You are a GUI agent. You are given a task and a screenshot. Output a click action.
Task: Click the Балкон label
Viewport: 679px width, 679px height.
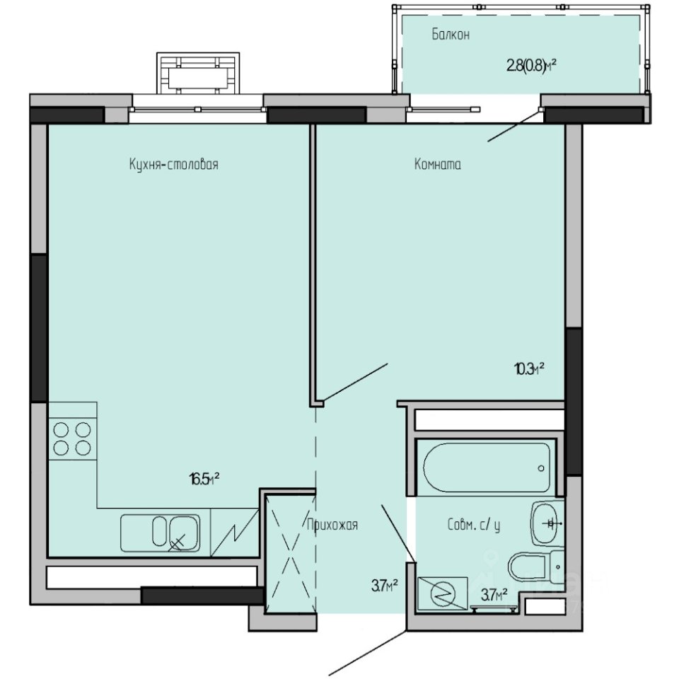pyautogui.click(x=451, y=34)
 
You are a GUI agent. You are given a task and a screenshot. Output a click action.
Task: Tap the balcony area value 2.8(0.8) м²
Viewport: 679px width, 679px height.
pyautogui.click(x=531, y=66)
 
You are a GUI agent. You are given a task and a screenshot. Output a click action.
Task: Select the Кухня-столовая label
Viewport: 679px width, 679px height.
pyautogui.click(x=174, y=164)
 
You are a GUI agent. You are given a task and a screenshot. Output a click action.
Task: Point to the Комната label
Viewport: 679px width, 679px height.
pyautogui.click(x=437, y=164)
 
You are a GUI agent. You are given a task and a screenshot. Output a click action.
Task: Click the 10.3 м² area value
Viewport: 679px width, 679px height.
pyautogui.click(x=529, y=369)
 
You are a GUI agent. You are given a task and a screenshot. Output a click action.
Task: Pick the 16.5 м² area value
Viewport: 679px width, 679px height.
pyautogui.click(x=204, y=479)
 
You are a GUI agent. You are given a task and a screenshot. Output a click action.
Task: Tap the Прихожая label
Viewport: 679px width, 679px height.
pyautogui.click(x=332, y=525)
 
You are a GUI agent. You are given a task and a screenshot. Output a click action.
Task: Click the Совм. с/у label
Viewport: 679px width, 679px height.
pyautogui.click(x=473, y=526)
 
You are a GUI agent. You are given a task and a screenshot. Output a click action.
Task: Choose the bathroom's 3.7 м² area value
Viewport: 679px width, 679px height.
pyautogui.click(x=494, y=596)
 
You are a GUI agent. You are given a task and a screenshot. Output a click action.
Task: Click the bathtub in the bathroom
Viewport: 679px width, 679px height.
pyautogui.click(x=487, y=468)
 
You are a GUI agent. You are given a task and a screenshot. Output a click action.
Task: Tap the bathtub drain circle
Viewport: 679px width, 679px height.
pyautogui.click(x=541, y=468)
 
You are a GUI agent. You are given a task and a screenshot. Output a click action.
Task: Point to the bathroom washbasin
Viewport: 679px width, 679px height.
pyautogui.click(x=547, y=523)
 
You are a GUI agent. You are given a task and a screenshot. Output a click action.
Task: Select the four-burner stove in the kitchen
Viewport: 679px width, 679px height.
pyautogui.click(x=72, y=439)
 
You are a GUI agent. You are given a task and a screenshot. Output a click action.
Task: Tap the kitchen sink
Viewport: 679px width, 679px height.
pyautogui.click(x=161, y=533)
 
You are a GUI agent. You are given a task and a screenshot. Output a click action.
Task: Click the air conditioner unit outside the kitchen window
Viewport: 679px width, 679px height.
pyautogui.click(x=198, y=74)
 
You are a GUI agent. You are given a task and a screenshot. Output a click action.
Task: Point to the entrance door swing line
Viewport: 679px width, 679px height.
pyautogui.click(x=368, y=653)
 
